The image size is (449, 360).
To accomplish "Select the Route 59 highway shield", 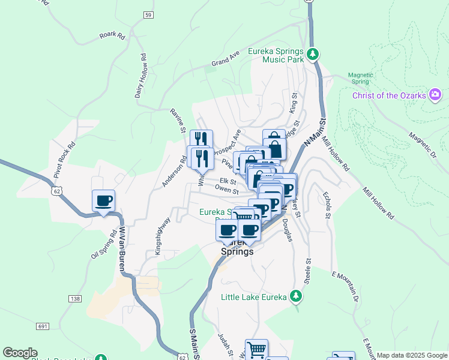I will pyautogui.click(x=148, y=14).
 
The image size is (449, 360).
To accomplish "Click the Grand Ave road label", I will pyautogui.click(x=225, y=58).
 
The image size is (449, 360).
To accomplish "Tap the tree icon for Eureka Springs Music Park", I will pyautogui.click(x=312, y=55).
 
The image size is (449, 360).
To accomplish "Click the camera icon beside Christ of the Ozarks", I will pyautogui.click(x=435, y=95).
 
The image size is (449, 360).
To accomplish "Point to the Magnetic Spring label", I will pyautogui.click(x=361, y=79).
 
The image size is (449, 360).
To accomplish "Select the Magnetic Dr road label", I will pyautogui.click(x=423, y=146).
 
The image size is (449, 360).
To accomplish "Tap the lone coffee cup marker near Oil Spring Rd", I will pyautogui.click(x=103, y=200).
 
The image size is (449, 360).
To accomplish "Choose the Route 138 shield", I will pyautogui.click(x=74, y=298).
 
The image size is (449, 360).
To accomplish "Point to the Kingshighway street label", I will pyautogui.click(x=163, y=236).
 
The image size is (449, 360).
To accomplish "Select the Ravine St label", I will pyautogui.click(x=178, y=121).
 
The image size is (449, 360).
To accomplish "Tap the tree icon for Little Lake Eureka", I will pyautogui.click(x=295, y=296).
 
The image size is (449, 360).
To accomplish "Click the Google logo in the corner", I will pyautogui.click(x=20, y=353).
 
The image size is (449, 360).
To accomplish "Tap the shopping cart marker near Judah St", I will pyautogui.click(x=256, y=349).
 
